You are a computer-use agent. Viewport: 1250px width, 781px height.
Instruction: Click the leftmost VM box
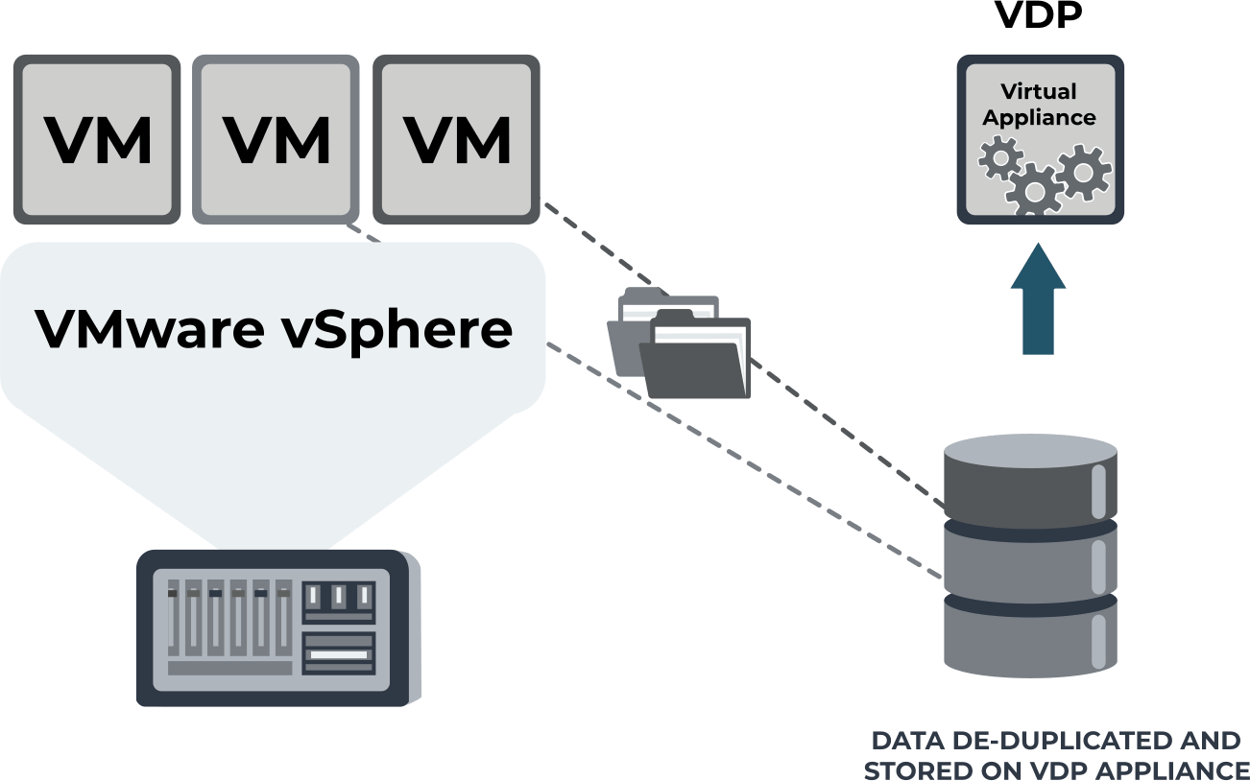point(97,140)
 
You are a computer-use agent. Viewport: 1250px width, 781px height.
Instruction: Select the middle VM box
point(276,140)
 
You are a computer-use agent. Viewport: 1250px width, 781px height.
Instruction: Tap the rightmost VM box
point(456,140)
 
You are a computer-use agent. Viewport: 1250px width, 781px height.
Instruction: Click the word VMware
point(149,329)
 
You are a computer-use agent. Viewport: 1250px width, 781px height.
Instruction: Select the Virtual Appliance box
point(1040,140)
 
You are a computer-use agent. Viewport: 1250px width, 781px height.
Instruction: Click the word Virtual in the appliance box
point(1039,92)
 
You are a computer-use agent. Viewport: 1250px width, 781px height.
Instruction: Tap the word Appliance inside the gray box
point(1039,118)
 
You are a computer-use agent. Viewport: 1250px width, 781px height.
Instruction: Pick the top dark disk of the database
point(1030,481)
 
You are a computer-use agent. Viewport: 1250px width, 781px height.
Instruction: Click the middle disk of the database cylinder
point(1030,561)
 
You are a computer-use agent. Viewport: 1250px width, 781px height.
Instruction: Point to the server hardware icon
point(277,628)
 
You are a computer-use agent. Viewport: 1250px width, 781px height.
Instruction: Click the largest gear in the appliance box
point(1034,189)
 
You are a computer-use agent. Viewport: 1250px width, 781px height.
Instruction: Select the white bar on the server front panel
point(337,654)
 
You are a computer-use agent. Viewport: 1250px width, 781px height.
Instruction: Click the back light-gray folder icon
point(634,326)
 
